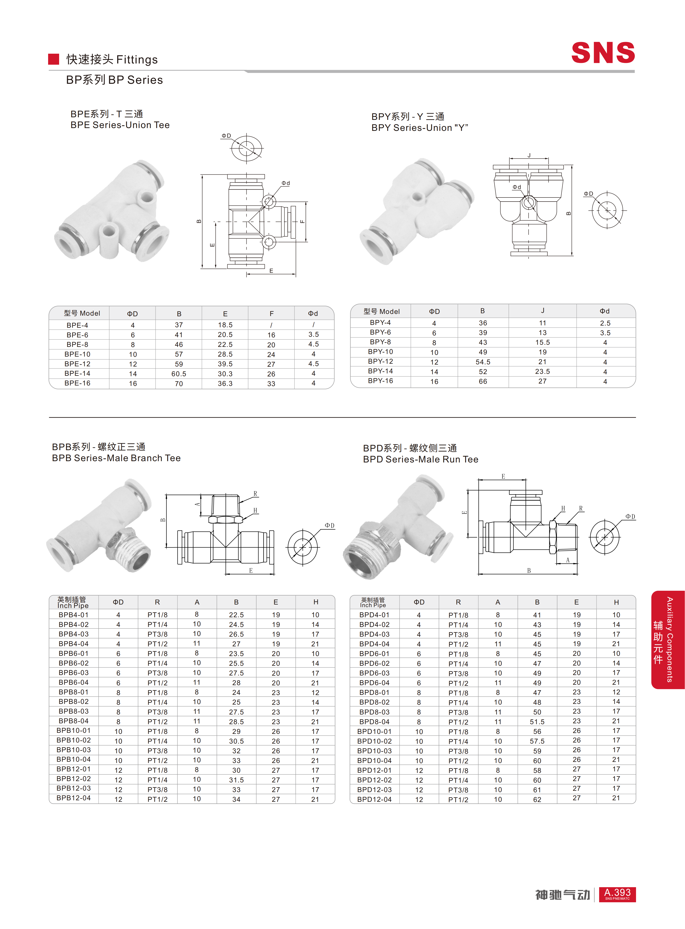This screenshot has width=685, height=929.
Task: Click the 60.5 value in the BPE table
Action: click(179, 374)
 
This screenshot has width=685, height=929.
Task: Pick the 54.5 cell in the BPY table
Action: click(483, 362)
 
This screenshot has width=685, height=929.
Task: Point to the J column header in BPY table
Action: click(542, 311)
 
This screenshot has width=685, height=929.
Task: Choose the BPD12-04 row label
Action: click(374, 799)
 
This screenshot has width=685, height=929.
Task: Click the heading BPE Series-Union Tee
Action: click(120, 125)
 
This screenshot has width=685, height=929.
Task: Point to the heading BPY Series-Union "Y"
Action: click(420, 128)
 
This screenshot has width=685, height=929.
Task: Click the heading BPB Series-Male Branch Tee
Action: click(116, 458)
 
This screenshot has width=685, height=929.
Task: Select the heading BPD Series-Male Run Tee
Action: click(420, 459)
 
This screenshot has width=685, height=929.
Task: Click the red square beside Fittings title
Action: click(54, 59)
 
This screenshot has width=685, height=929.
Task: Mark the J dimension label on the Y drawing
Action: click(529, 155)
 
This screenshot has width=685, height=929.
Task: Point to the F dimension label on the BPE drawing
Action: click(302, 221)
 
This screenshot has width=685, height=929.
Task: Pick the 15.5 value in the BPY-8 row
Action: click(542, 342)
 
